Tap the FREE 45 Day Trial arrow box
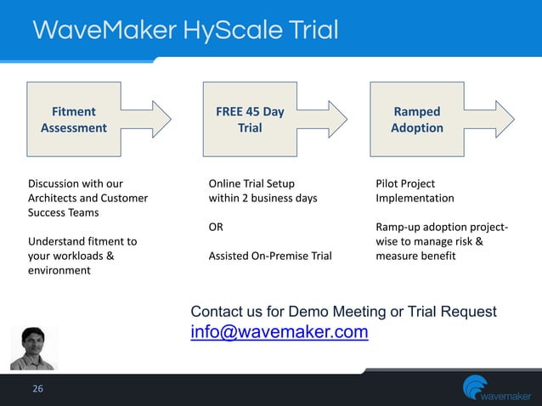coord(255,120)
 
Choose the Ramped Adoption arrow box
coord(425,120)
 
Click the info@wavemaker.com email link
coord(279,332)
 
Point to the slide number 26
coord(37,389)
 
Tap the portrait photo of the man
coord(33,348)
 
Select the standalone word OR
coord(217,227)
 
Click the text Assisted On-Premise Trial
coord(270,255)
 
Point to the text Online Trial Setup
coord(252,183)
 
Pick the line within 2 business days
coord(263,198)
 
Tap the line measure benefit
coord(415,255)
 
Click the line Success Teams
coord(64,212)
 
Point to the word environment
coord(59,270)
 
